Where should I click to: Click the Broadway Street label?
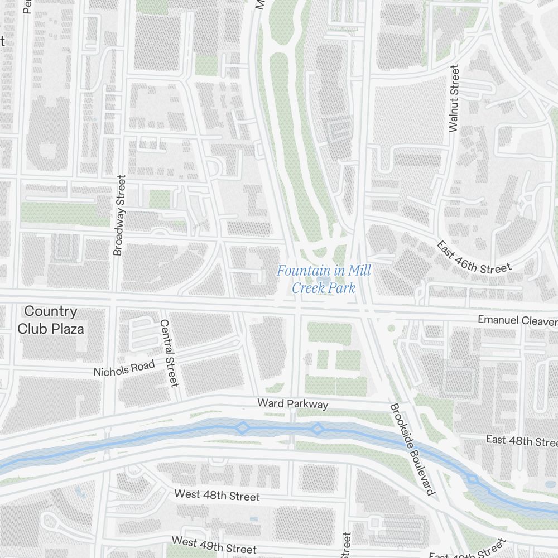[119, 215]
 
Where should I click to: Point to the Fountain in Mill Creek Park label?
[324, 280]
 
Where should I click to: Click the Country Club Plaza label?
[51, 320]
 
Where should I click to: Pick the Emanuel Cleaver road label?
[517, 320]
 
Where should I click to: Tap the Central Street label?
[169, 353]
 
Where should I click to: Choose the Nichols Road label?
[124, 369]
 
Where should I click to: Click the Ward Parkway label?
[292, 403]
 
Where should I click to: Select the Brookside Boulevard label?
[412, 449]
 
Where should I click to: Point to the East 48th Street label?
[521, 441]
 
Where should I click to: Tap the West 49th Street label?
[214, 545]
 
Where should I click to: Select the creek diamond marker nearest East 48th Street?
[473, 479]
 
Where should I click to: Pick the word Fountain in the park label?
[302, 271]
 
